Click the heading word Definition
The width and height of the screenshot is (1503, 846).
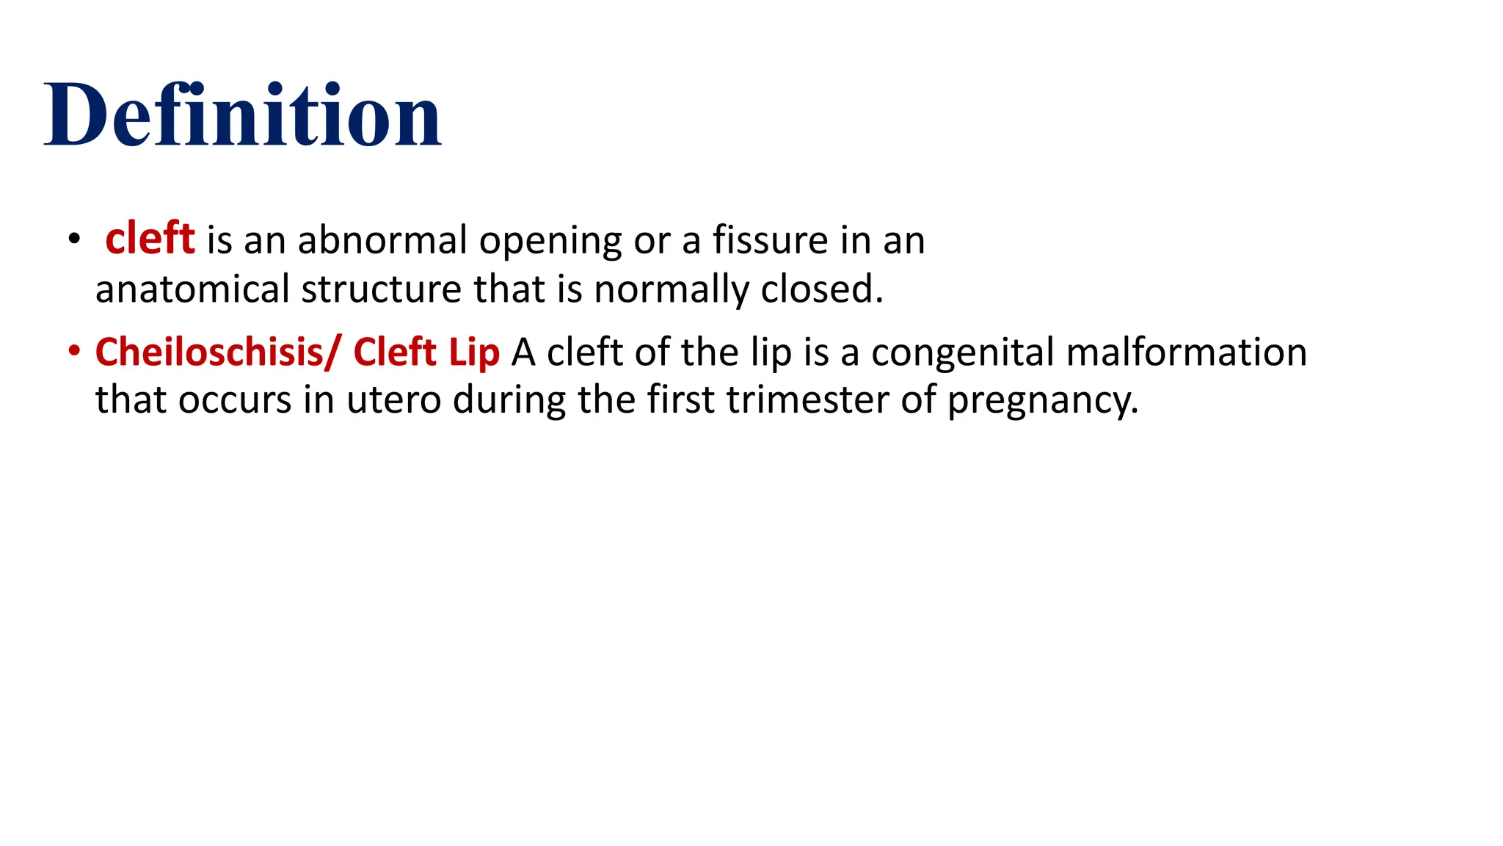click(x=243, y=116)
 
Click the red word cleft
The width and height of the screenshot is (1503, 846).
click(x=150, y=239)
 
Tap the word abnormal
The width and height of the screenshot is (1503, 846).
click(x=382, y=240)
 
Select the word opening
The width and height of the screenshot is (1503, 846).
click(x=550, y=242)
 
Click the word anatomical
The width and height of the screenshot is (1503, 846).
click(x=192, y=289)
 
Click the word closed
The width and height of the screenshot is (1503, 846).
click(x=821, y=289)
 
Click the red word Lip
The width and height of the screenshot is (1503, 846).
click(x=474, y=352)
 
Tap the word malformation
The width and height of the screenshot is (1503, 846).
click(x=1186, y=352)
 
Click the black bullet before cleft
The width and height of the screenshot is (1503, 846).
click(x=73, y=239)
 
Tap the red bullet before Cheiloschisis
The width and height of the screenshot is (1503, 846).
click(x=73, y=351)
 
